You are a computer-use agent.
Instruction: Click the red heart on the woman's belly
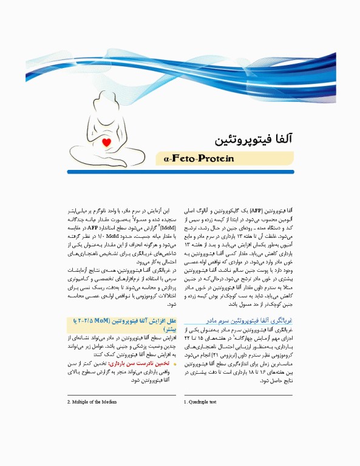107,143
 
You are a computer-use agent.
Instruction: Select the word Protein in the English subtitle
211,159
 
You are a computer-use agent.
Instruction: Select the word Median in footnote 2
107,402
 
